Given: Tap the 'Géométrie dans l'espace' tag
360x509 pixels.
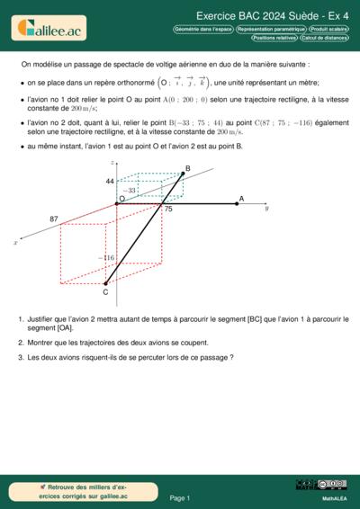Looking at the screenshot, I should pyautogui.click(x=202, y=30).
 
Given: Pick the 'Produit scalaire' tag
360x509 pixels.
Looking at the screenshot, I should pyautogui.click(x=326, y=30).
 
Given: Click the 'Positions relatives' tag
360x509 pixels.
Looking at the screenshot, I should pyautogui.click(x=274, y=39).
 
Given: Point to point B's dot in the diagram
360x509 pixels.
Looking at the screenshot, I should pyautogui.click(x=184, y=174).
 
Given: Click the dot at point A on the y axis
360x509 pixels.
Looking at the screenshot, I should pyautogui.click(x=237, y=203).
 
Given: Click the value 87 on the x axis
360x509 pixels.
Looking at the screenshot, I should pyautogui.click(x=54, y=219).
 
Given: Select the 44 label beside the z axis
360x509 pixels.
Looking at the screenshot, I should pyautogui.click(x=110, y=182).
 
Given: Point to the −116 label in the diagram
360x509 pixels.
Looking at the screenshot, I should pyautogui.click(x=105, y=258).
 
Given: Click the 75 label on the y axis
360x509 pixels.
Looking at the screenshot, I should pyautogui.click(x=167, y=209).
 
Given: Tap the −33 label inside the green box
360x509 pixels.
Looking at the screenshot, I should pyautogui.click(x=130, y=191).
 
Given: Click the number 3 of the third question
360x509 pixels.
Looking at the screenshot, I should pyautogui.click(x=20, y=357).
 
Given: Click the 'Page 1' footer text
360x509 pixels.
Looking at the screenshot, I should pyautogui.click(x=179, y=497).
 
